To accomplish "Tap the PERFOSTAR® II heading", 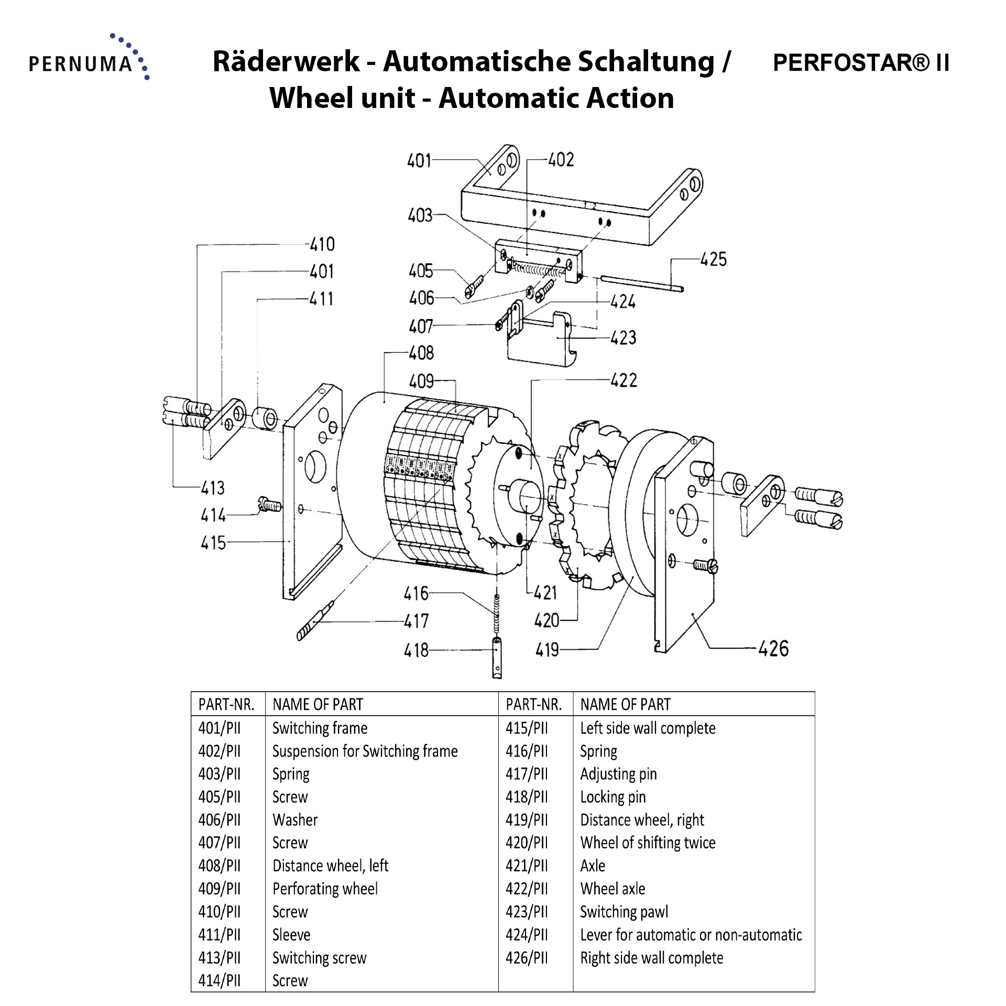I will [x=861, y=63].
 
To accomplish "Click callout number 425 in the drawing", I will [x=713, y=259].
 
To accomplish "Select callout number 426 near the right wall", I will [x=773, y=649].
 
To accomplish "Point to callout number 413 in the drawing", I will [x=213, y=488].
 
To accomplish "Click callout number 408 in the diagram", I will [x=421, y=353].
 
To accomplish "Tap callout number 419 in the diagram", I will [x=547, y=650].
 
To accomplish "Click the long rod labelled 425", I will [x=642, y=283].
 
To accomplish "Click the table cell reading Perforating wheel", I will [x=325, y=889].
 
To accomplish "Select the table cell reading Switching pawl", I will [x=624, y=912].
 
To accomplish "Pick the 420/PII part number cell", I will [x=527, y=843].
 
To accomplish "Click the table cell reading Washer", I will [x=295, y=819].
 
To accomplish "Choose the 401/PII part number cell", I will [x=220, y=728].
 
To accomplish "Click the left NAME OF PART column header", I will [x=318, y=704].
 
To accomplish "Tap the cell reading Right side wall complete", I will [x=651, y=958].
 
